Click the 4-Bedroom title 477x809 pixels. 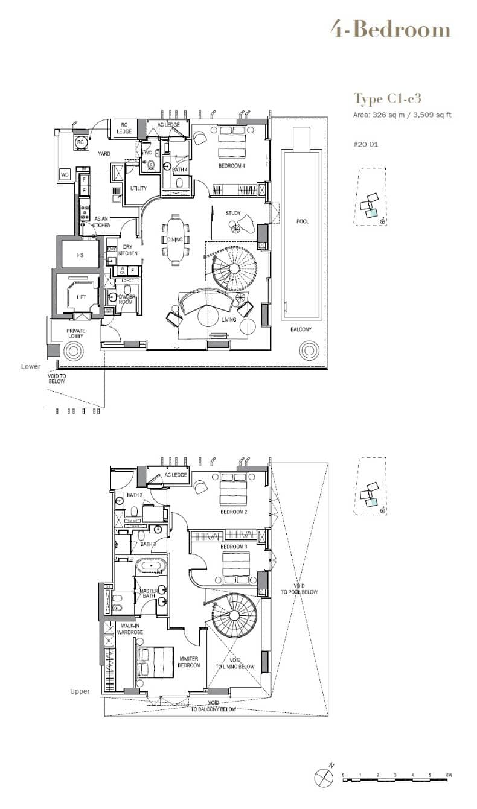[390, 30]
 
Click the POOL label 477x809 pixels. [303, 221]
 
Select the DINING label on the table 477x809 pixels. [175, 240]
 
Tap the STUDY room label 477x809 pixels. [233, 214]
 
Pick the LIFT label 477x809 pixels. [81, 297]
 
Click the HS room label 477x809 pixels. [80, 255]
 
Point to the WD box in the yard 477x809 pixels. [65, 174]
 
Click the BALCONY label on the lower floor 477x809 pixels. [300, 329]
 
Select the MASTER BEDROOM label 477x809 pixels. [189, 662]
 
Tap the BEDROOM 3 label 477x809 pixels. [234, 547]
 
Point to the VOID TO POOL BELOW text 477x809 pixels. [307, 589]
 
